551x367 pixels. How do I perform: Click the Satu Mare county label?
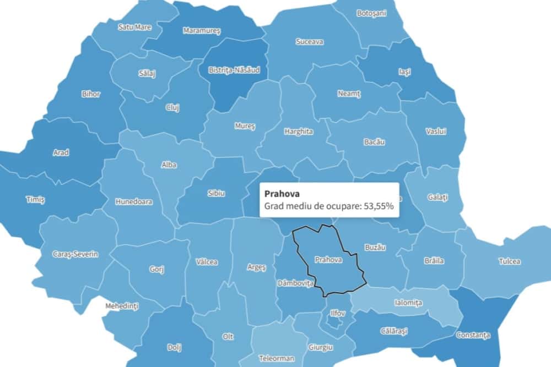(134, 26)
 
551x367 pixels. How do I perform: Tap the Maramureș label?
(201, 31)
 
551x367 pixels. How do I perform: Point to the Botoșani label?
(371, 13)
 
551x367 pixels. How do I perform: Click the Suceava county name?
(309, 42)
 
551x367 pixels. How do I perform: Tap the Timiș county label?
(35, 199)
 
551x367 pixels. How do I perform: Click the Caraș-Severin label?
(75, 254)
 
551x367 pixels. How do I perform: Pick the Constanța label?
(472, 335)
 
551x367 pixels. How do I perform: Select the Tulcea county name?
(509, 261)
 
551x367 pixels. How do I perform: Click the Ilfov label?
(337, 313)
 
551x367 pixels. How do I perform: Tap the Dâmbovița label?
(295, 283)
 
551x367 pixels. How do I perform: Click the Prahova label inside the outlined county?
(328, 259)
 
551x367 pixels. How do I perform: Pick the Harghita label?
(299, 132)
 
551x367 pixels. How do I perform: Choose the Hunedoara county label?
(134, 201)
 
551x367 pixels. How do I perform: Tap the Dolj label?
(174, 347)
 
